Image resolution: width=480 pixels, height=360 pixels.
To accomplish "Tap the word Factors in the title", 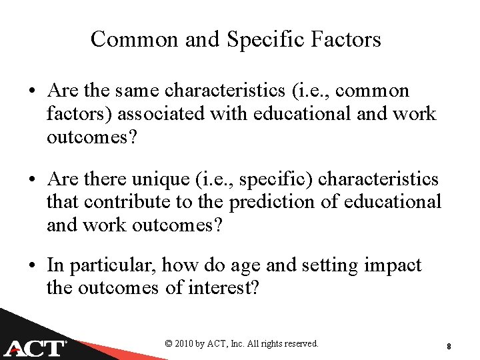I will click(x=346, y=39).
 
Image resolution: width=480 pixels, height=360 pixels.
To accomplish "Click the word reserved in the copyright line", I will click(x=300, y=344).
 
